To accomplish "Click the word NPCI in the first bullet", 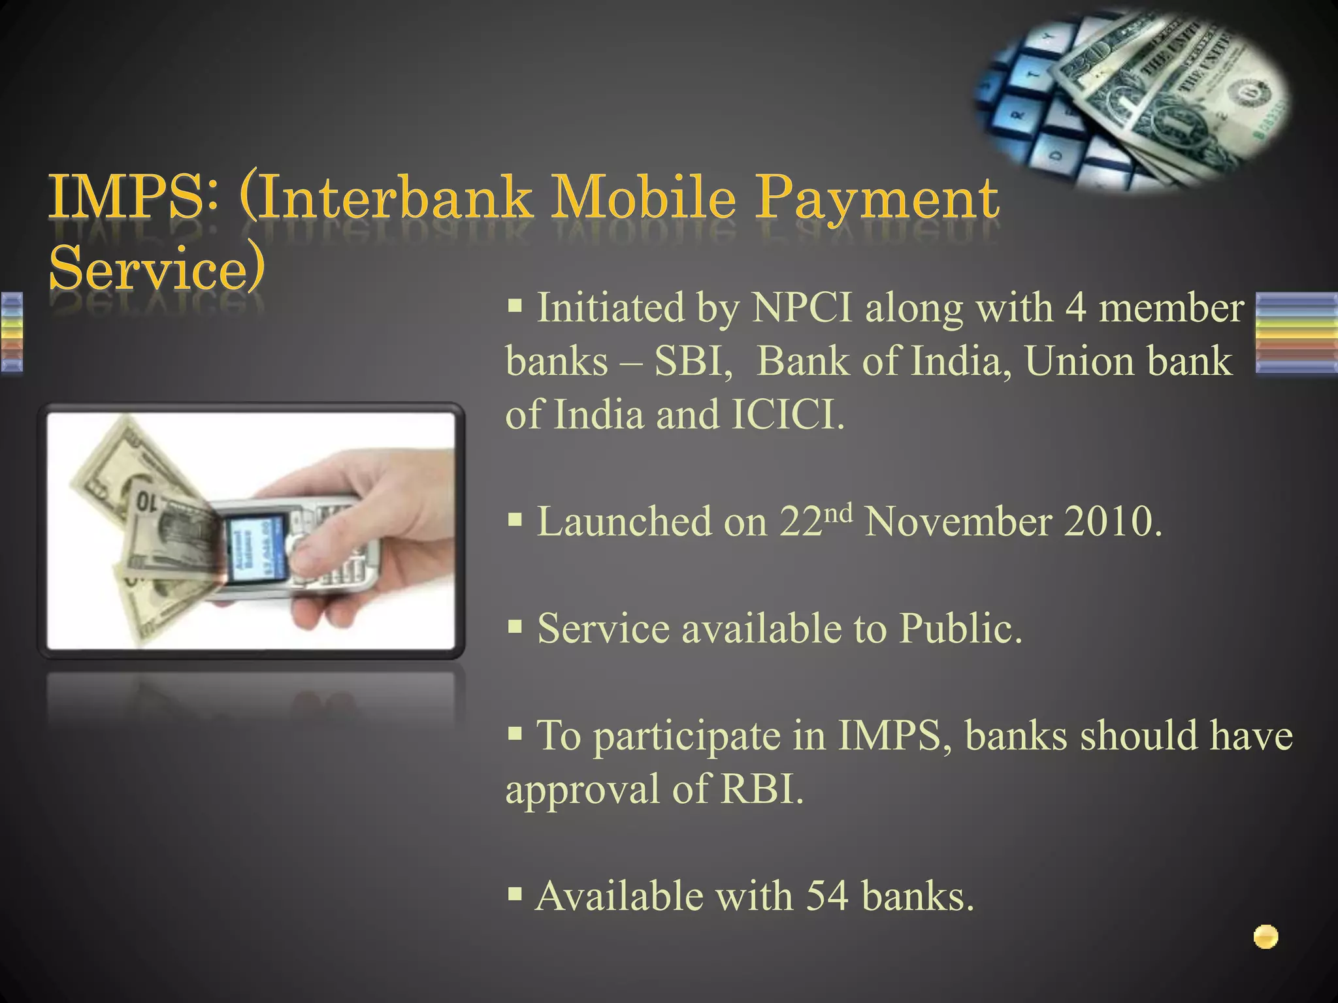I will (802, 308).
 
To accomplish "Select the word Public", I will (960, 629).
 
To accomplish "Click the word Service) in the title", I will (157, 268).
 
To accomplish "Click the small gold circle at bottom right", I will (1265, 938).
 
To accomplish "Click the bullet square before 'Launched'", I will (515, 520).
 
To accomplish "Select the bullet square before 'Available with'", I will (515, 893).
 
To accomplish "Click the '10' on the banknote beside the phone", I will (146, 502).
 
